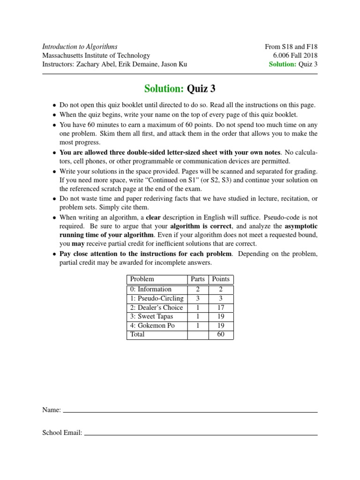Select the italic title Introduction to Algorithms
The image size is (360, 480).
80,46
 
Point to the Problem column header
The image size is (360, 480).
142,279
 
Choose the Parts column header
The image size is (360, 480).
198,279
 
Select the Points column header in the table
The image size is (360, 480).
221,279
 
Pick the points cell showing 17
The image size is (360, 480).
221,307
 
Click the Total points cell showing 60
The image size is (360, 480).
221,334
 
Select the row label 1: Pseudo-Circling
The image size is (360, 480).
157,298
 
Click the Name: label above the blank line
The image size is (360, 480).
52,410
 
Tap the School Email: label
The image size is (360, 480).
62,433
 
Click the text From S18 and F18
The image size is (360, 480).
291,46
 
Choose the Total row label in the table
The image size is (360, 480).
137,334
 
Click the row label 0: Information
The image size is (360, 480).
151,289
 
